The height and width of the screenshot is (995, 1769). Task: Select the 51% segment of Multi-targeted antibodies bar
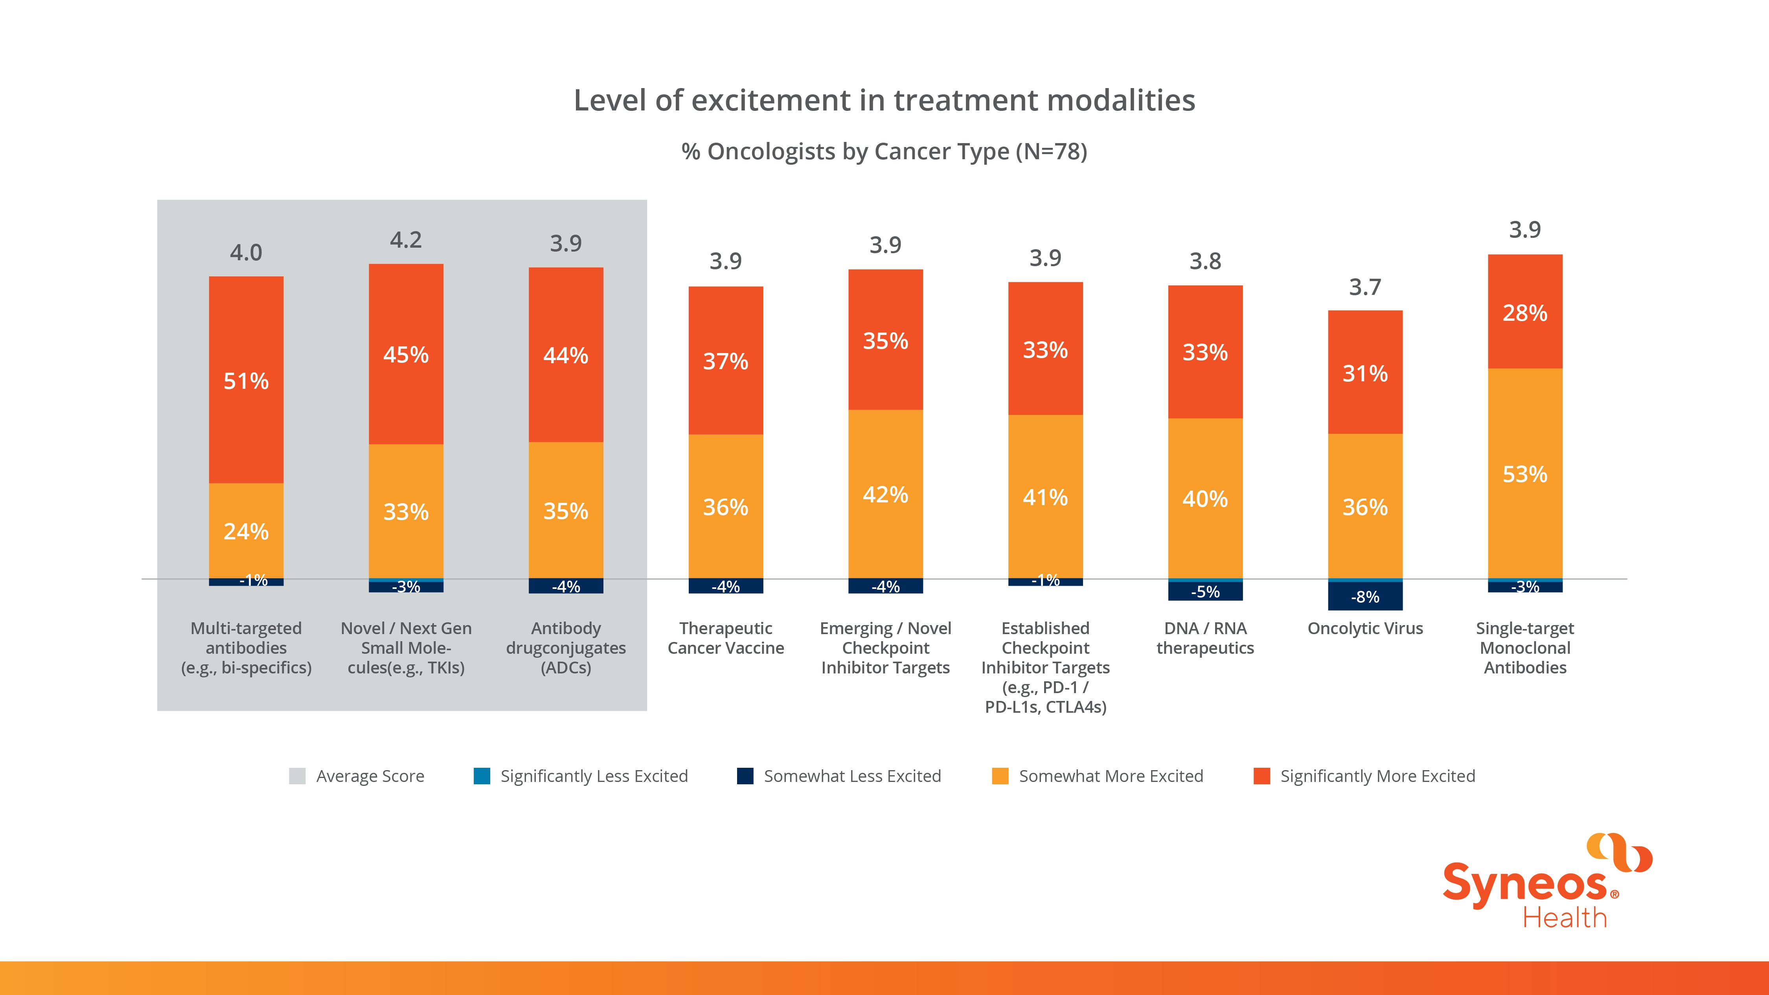(246, 380)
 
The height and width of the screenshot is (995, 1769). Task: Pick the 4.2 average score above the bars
(406, 240)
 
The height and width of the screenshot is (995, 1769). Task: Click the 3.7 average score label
(1365, 287)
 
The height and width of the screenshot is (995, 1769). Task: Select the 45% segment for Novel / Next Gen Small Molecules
(406, 354)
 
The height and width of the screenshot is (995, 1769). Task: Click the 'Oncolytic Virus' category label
(1365, 628)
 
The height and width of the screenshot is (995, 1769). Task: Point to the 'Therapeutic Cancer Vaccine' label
(726, 638)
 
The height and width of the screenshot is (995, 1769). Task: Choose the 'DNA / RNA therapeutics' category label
(1205, 638)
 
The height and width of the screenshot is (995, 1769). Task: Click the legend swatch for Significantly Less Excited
(482, 776)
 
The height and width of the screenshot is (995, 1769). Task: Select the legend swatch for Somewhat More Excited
(1000, 776)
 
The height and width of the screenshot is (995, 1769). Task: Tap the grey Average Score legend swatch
(297, 776)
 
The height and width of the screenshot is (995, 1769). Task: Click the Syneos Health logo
(1547, 881)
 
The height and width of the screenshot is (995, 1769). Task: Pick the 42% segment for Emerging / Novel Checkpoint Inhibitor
(885, 494)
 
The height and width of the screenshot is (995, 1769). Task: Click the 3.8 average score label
(1205, 261)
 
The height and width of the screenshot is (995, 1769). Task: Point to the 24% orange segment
(246, 531)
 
